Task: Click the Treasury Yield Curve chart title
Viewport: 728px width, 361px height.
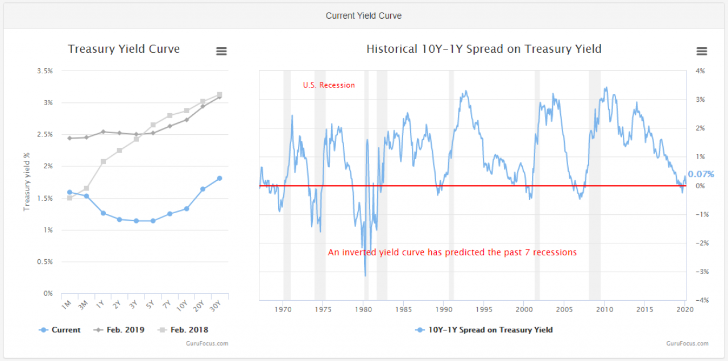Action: coord(124,49)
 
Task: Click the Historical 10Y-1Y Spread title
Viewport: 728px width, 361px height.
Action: coord(483,49)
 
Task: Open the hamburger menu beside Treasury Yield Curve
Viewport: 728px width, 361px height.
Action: coord(221,51)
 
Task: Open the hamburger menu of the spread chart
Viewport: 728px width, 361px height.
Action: coord(702,51)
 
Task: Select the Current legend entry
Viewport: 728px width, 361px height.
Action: coord(60,330)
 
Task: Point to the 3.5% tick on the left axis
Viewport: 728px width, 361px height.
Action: coord(44,71)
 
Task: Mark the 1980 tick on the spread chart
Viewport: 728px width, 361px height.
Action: coord(363,310)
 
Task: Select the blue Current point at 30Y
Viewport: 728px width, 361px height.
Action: coord(220,178)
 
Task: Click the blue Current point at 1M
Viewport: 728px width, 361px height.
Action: coord(69,192)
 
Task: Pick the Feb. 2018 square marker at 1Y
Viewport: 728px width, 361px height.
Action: coord(103,161)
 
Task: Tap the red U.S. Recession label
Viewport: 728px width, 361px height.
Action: coord(329,85)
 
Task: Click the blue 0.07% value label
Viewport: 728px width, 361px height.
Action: coord(700,174)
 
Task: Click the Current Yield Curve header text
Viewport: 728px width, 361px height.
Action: coord(363,16)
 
